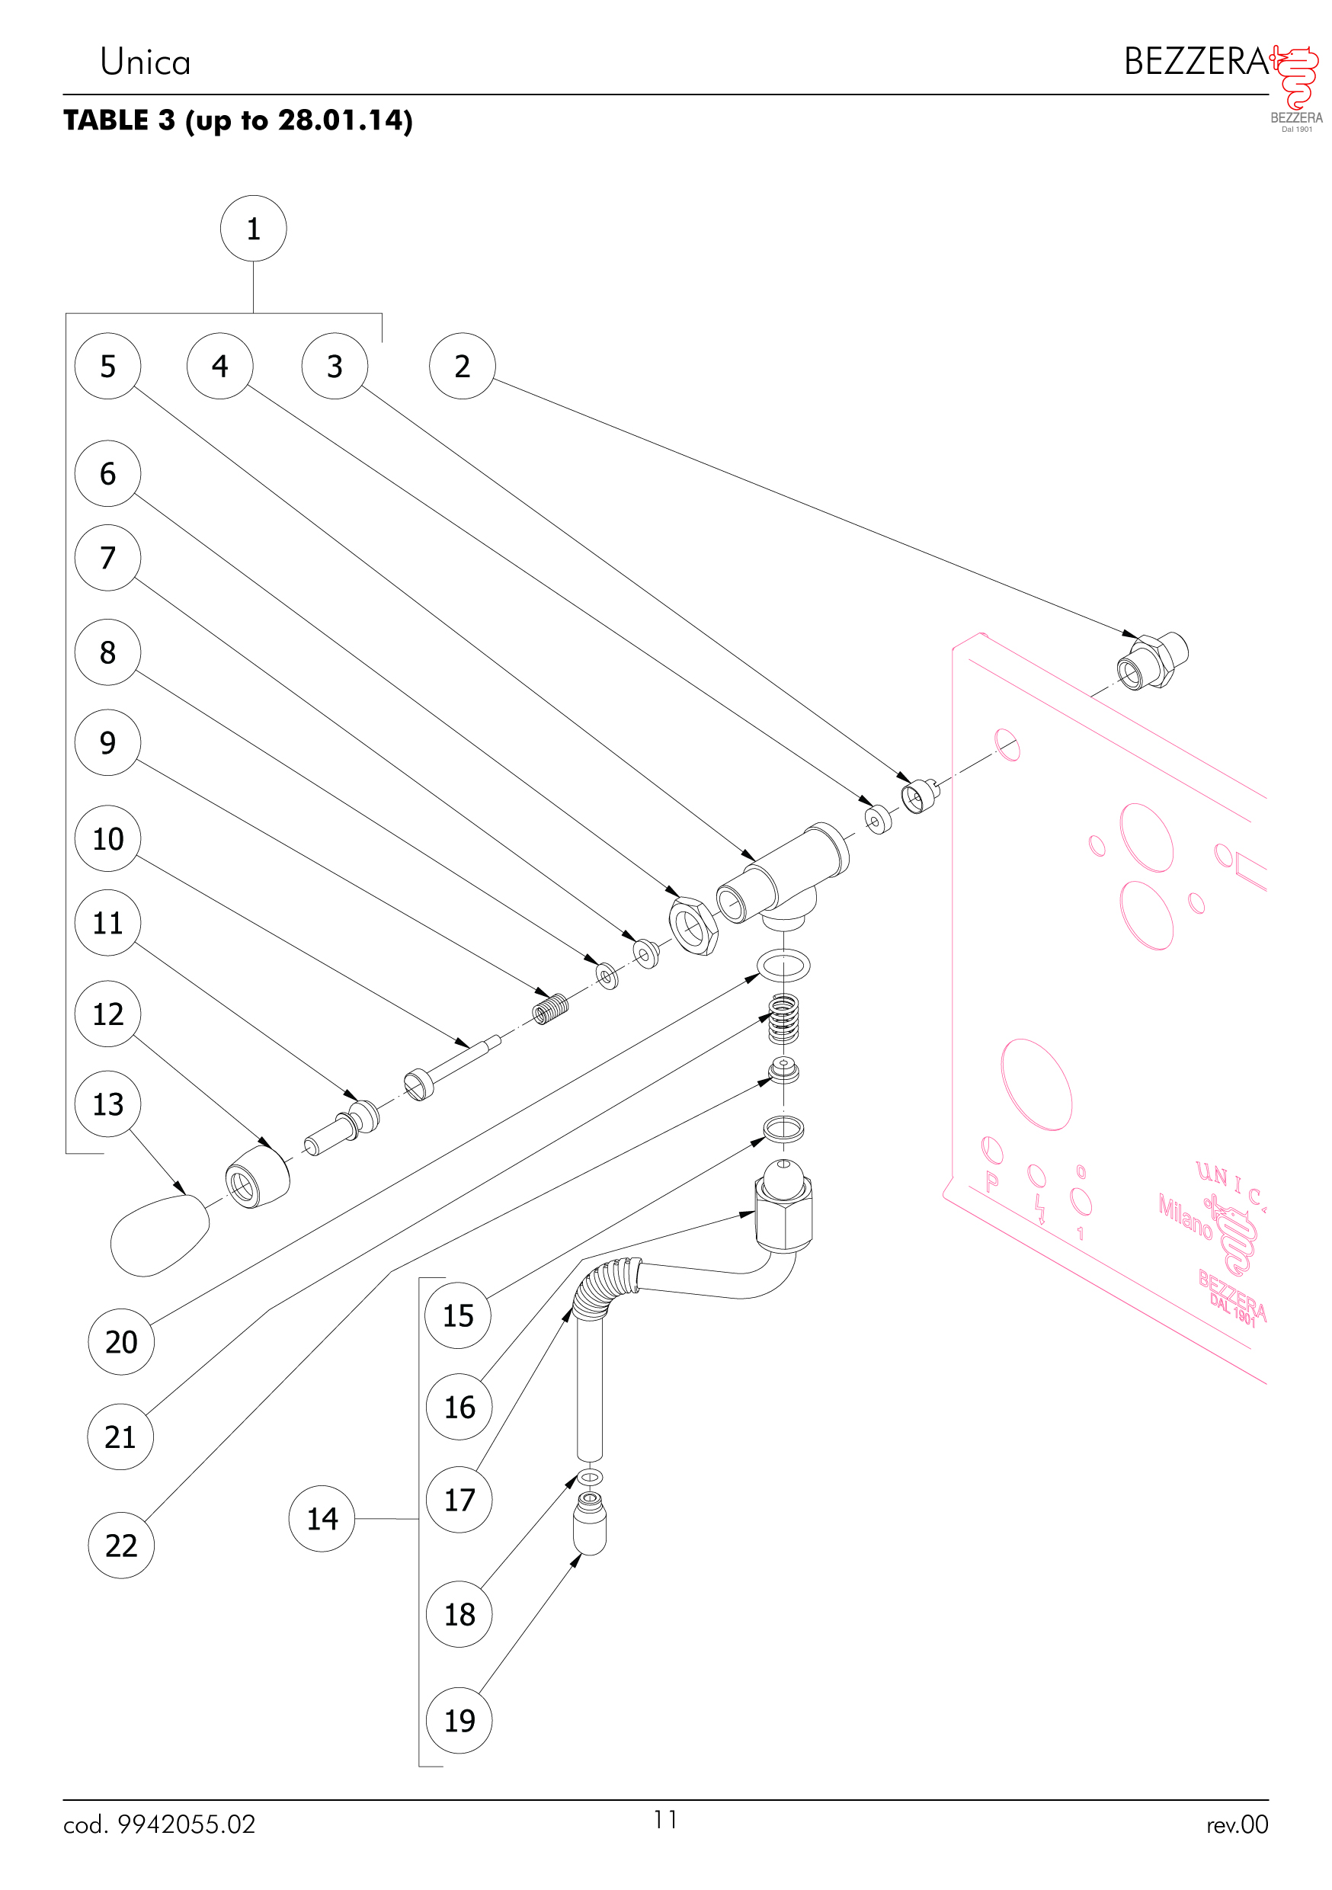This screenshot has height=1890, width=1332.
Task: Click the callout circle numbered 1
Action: [253, 228]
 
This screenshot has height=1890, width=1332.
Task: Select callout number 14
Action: [322, 1518]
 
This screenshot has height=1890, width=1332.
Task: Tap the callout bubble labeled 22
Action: [121, 1545]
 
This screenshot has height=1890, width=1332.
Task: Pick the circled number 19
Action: [459, 1720]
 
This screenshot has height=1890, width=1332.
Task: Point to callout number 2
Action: [463, 366]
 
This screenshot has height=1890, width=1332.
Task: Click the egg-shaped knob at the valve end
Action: [159, 1235]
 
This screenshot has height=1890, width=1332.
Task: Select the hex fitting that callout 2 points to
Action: [1152, 660]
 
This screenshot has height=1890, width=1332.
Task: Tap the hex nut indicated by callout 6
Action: [693, 925]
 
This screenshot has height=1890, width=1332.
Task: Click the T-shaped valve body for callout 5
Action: [782, 876]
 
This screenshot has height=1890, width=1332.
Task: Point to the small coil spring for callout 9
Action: [551, 1008]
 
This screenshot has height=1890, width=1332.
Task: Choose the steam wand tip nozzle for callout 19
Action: [590, 1523]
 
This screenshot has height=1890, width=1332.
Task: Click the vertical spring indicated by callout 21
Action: [783, 1019]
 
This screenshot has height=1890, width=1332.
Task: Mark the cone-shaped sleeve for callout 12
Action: [258, 1175]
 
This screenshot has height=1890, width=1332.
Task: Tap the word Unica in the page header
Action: [145, 62]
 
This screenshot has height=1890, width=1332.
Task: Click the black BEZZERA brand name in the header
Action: [1196, 62]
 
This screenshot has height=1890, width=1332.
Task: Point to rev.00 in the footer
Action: [1238, 1824]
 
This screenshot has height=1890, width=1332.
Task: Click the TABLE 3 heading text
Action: [120, 120]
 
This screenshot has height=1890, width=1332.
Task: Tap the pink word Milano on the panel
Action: [1186, 1216]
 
